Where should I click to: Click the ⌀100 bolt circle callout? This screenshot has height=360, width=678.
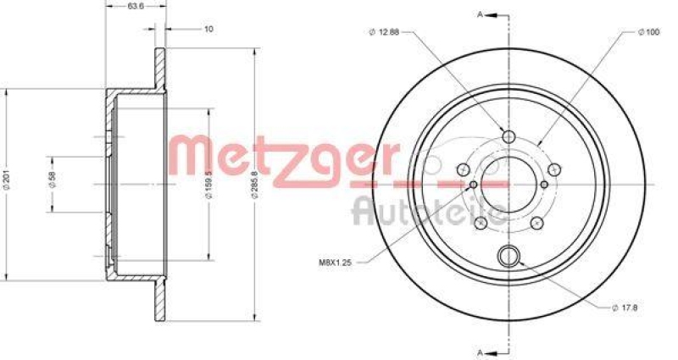[648, 33]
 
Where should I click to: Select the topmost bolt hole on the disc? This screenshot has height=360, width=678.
[509, 137]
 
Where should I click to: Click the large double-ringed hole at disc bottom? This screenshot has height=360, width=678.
[509, 254]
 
